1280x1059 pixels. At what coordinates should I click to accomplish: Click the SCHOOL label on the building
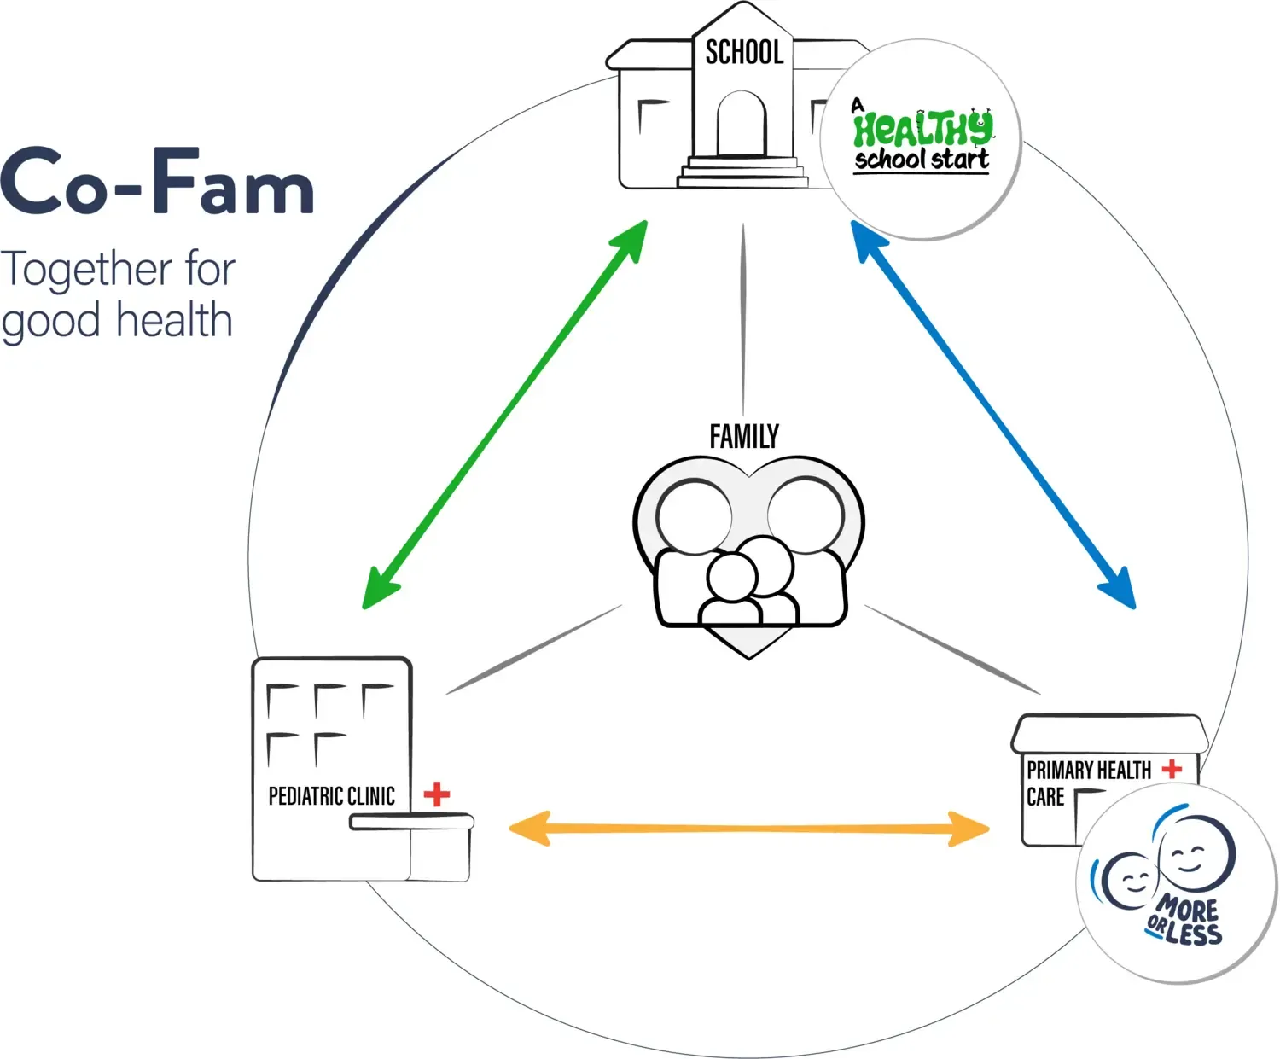click(x=743, y=53)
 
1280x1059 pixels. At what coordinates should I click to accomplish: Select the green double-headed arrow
click(x=504, y=415)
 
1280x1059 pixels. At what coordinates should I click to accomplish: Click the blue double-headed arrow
click(x=993, y=415)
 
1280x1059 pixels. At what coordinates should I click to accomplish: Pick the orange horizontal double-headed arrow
click(x=748, y=829)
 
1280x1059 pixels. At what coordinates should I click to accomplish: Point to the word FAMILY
click(x=744, y=437)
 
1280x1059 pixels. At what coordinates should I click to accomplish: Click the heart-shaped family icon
click(x=748, y=555)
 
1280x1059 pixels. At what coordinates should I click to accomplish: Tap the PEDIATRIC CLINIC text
click(x=331, y=796)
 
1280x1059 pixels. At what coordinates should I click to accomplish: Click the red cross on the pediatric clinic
click(x=437, y=794)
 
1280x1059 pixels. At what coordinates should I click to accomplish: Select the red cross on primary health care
click(x=1172, y=769)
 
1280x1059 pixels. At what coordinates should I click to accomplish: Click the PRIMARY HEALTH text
click(x=1089, y=771)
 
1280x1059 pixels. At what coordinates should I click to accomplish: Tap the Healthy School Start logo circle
click(x=921, y=139)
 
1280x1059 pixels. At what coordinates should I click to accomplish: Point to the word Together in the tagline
click(x=86, y=270)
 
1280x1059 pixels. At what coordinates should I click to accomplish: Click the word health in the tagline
click(x=174, y=321)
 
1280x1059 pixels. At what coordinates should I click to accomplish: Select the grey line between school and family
click(x=742, y=320)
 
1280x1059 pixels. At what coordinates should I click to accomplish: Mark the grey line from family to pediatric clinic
click(x=534, y=649)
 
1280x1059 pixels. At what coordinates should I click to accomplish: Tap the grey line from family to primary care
click(x=952, y=649)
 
